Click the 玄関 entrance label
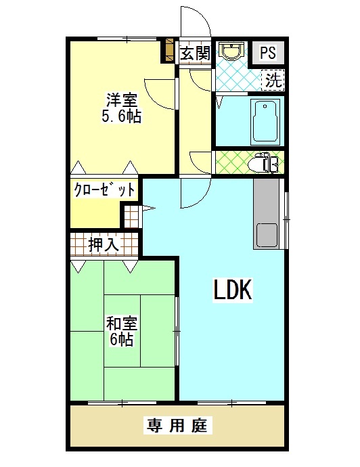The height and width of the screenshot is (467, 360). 196,54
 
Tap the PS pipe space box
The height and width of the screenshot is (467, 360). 268,52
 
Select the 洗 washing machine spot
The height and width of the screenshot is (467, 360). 273,80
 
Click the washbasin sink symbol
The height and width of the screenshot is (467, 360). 231,50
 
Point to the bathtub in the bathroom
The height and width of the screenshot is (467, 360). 266,122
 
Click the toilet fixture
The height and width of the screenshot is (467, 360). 263,162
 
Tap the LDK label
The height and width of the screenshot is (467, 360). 233,289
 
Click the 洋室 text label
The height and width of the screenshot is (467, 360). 122,100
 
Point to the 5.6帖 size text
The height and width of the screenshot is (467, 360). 122,116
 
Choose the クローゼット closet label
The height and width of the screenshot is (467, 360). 104,190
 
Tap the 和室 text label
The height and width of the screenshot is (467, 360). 122,324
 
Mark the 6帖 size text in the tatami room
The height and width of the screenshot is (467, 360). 122,339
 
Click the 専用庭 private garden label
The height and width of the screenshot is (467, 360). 178,425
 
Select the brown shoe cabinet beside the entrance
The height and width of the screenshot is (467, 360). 169,49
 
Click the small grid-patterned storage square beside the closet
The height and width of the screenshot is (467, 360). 131,217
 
